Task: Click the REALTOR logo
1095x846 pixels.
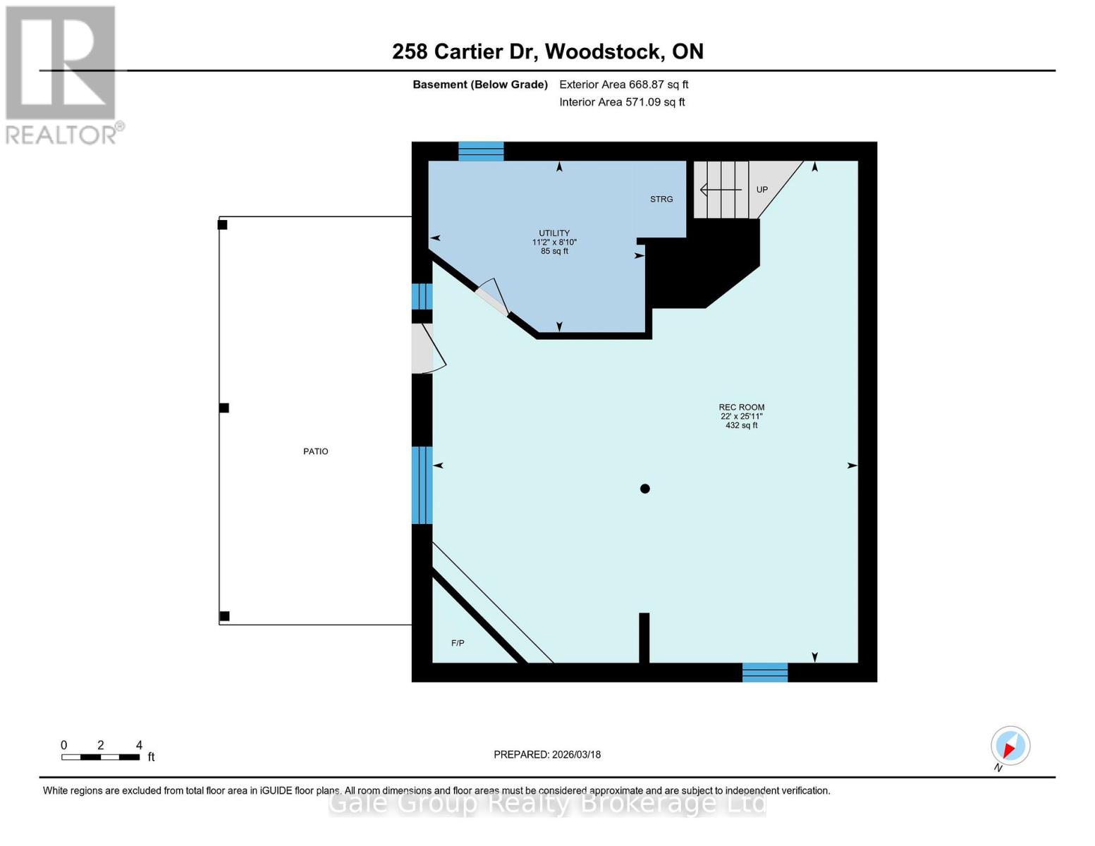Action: pyautogui.click(x=62, y=74)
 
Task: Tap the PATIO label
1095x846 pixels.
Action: pyautogui.click(x=315, y=451)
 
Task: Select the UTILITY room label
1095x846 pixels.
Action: pyautogui.click(x=554, y=233)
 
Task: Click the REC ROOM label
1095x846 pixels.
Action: pyautogui.click(x=741, y=407)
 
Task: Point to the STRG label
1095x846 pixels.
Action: pyautogui.click(x=661, y=200)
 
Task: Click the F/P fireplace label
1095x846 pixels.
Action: pyautogui.click(x=458, y=643)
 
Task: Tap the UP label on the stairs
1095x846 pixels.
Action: pyautogui.click(x=761, y=190)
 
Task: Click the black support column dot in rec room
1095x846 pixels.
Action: pyautogui.click(x=644, y=489)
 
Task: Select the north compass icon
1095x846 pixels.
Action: pyautogui.click(x=1010, y=746)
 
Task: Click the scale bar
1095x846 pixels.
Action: pyautogui.click(x=100, y=757)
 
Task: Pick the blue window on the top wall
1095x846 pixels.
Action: pyautogui.click(x=481, y=151)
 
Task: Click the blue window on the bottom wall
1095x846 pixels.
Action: pyautogui.click(x=764, y=673)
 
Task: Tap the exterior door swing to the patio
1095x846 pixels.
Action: pyautogui.click(x=426, y=349)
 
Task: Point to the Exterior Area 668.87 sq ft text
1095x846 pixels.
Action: pyautogui.click(x=623, y=85)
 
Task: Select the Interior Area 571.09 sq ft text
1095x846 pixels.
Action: pyautogui.click(x=622, y=102)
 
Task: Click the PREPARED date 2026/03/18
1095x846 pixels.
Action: pyautogui.click(x=547, y=754)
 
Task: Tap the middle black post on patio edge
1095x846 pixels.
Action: pyautogui.click(x=224, y=408)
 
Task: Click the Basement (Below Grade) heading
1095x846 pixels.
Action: pyautogui.click(x=480, y=85)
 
